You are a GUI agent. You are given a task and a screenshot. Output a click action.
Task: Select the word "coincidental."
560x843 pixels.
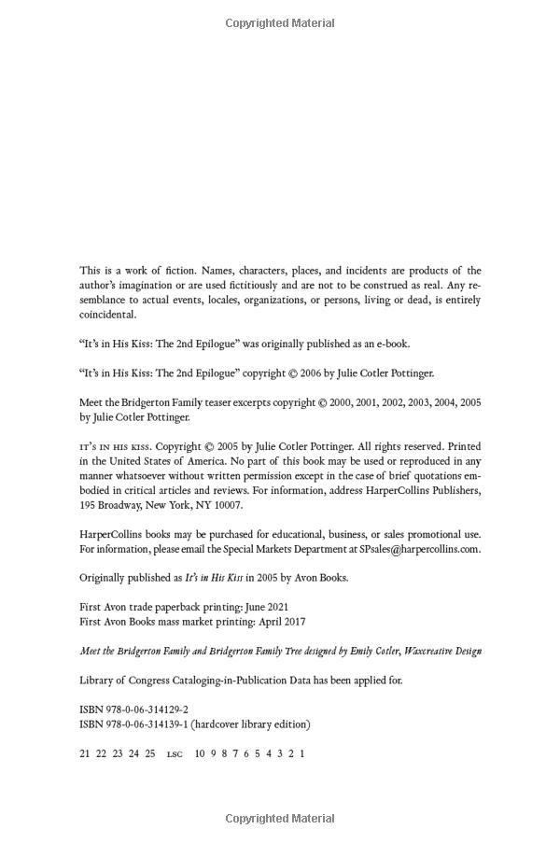[107, 316]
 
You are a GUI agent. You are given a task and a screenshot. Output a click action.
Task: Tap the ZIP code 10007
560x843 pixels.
[227, 505]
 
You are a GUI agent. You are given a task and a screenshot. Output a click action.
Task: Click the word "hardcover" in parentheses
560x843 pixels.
[222, 724]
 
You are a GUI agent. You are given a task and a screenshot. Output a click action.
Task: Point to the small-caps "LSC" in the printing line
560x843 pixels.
[175, 753]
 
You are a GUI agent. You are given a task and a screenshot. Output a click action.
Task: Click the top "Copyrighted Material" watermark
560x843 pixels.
[280, 23]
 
